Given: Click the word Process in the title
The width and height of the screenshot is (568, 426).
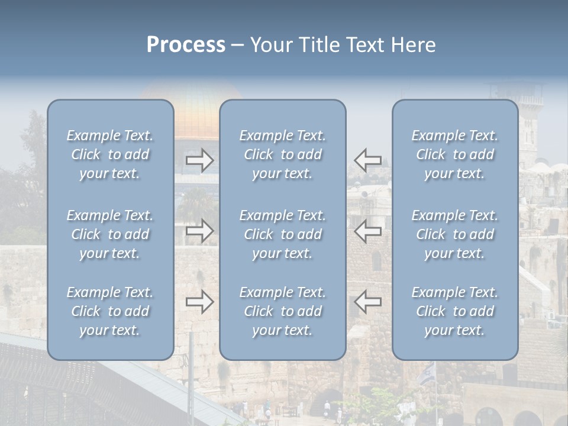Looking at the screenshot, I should pos(186,45).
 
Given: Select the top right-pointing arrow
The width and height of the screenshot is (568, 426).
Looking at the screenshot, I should pos(200,160).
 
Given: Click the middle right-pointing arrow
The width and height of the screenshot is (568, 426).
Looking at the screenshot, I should pos(200,231).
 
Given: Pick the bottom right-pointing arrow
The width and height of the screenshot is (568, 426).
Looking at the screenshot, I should pos(200,302).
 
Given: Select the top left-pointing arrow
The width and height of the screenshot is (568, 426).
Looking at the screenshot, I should pos(368,160).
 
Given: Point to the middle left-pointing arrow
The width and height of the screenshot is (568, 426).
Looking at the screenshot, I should pos(368,231).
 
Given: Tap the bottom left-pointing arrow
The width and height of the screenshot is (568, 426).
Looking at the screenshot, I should pos(368,302).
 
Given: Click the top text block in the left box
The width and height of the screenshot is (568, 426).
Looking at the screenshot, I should pos(110,154).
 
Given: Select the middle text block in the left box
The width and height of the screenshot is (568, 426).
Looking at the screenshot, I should pos(110,234).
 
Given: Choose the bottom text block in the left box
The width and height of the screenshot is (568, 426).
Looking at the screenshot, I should pos(110,311).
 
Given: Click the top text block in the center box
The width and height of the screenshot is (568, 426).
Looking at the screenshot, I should pos(282,154).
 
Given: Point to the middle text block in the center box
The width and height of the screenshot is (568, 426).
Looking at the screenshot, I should pos(282,234).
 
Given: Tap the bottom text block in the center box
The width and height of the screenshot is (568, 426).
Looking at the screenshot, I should pos(282,311).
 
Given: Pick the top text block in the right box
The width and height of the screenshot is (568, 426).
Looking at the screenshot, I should pos(455,154).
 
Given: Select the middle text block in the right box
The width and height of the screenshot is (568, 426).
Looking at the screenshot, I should pos(455,234).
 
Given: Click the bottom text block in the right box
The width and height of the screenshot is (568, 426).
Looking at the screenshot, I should pos(455,311).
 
